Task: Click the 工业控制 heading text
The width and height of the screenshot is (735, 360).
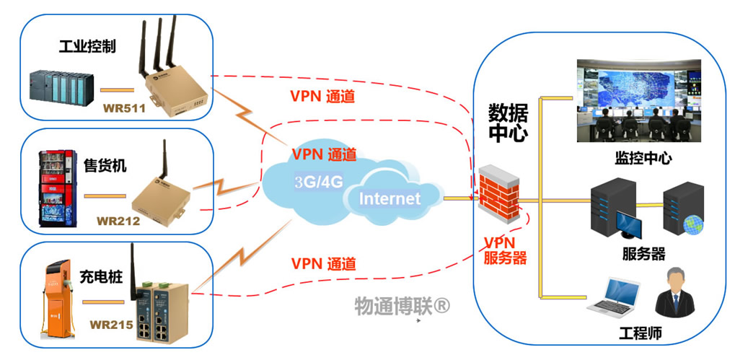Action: pos(87,47)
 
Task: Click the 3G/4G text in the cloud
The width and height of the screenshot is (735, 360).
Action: pos(318,182)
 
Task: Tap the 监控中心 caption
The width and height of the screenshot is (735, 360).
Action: pos(643,158)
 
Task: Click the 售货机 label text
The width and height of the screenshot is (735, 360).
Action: pos(103,166)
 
